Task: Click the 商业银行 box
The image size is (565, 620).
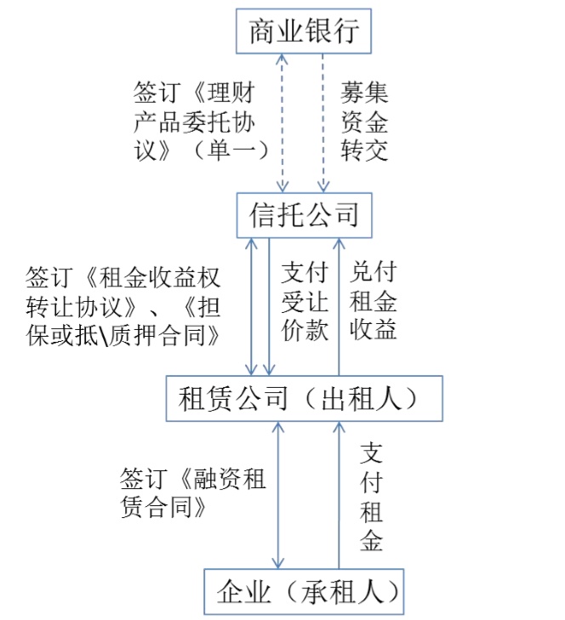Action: [x=304, y=31]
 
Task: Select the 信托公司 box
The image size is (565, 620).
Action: [x=305, y=215]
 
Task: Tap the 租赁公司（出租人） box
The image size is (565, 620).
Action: [x=305, y=398]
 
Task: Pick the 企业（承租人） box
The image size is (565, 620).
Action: [x=304, y=592]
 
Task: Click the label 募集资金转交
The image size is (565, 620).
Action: [x=364, y=122]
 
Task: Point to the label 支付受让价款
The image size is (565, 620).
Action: [x=305, y=301]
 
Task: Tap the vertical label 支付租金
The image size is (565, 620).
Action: [x=371, y=498]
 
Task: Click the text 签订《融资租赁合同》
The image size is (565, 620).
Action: [x=192, y=492]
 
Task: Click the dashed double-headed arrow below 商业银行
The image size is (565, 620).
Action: [x=282, y=123]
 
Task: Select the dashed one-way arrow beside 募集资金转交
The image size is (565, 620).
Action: [x=323, y=123]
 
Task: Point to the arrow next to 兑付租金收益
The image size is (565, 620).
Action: [x=339, y=307]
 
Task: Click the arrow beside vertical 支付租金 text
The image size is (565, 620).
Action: [x=339, y=495]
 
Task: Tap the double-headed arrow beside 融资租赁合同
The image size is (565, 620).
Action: [x=278, y=495]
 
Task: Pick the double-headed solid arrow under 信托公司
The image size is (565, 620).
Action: [x=251, y=307]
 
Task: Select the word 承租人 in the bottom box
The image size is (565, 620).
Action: [x=342, y=592]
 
